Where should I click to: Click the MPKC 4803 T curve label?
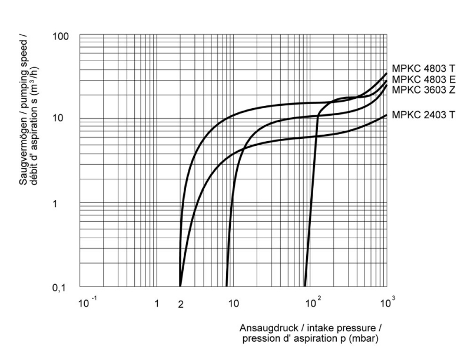pyautogui.click(x=423, y=68)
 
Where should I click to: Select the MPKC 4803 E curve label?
pyautogui.click(x=423, y=79)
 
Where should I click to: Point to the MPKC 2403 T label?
pyautogui.click(x=423, y=114)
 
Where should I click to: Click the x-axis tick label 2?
pyautogui.click(x=181, y=304)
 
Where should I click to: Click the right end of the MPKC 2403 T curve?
pyautogui.click(x=386, y=115)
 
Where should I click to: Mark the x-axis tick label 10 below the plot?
pyautogui.click(x=233, y=304)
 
